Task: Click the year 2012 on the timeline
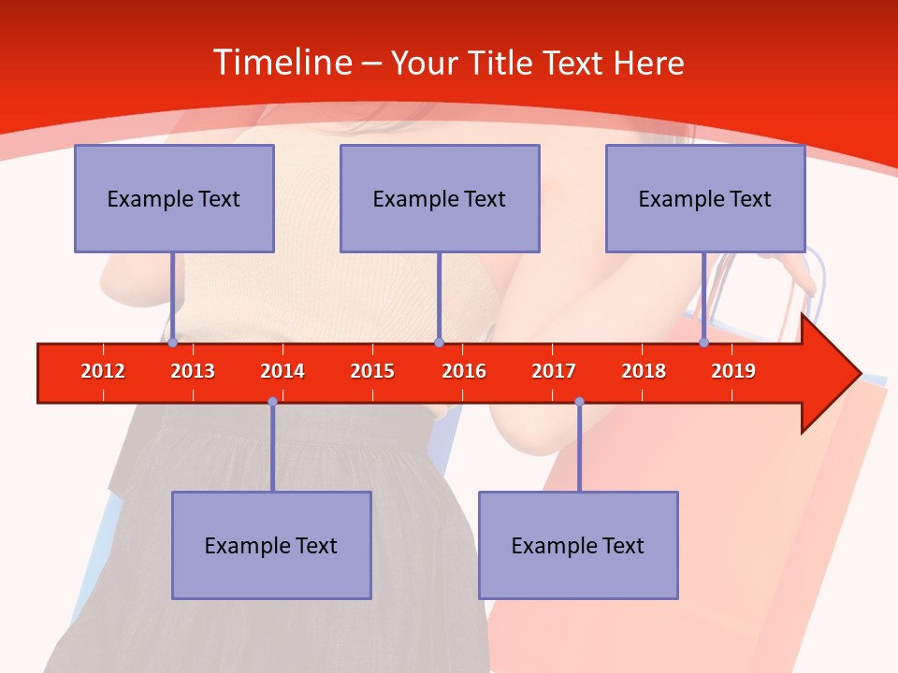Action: [x=103, y=371]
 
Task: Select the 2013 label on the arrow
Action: [x=193, y=371]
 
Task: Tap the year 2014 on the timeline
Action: [x=282, y=371]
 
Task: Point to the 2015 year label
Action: [x=372, y=371]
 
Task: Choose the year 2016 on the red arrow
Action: [x=464, y=371]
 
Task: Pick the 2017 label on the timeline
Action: [x=554, y=371]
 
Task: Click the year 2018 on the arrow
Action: [x=644, y=371]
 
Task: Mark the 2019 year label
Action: [x=733, y=371]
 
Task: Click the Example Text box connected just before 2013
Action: [x=174, y=198]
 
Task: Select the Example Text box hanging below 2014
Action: [x=271, y=545]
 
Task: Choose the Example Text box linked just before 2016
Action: [x=440, y=198]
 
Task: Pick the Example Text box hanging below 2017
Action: [x=578, y=545]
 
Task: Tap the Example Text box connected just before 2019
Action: [x=705, y=198]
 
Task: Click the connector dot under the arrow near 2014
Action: [x=272, y=402]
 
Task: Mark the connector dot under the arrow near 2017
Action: [x=579, y=402]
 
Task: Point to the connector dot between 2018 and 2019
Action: [x=703, y=343]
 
